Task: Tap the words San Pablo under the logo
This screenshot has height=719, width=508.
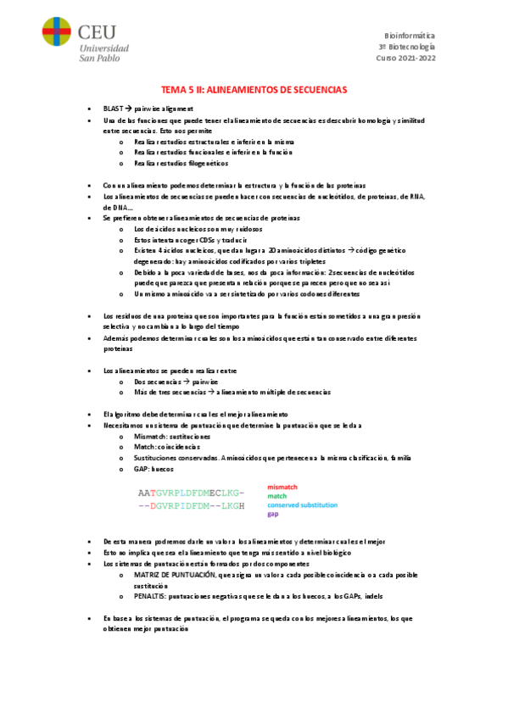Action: click(103, 58)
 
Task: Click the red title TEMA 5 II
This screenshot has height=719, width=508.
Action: click(254, 90)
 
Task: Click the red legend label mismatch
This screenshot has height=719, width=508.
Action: click(282, 488)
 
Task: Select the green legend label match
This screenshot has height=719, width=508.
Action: click(276, 497)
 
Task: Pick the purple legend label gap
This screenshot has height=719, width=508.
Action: click(273, 515)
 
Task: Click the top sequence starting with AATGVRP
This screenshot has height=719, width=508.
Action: click(191, 493)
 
